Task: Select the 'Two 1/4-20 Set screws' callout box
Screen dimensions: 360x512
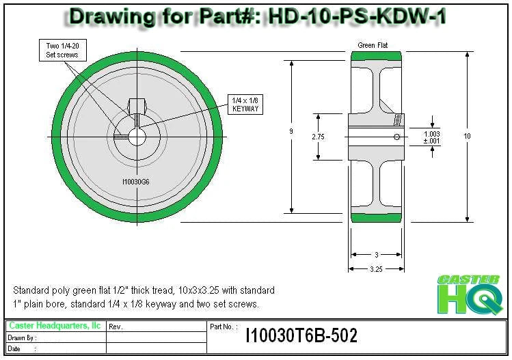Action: coord(62,49)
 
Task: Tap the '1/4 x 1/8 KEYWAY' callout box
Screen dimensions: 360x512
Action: coord(245,104)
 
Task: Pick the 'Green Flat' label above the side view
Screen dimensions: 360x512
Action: coord(373,45)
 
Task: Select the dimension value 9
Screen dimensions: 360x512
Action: coord(292,132)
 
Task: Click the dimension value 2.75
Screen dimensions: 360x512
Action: coord(317,137)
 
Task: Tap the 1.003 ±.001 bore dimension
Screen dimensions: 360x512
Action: coord(431,137)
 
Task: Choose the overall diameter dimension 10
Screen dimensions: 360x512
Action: coord(467,137)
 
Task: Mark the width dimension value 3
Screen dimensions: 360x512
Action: coord(376,254)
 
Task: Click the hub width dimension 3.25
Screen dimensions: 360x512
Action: coord(376,269)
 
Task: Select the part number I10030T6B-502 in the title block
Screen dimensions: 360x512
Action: coord(301,335)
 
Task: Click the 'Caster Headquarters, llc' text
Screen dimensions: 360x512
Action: coord(55,326)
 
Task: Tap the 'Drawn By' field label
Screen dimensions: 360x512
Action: coord(22,337)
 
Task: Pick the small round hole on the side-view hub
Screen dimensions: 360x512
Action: coord(397,137)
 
